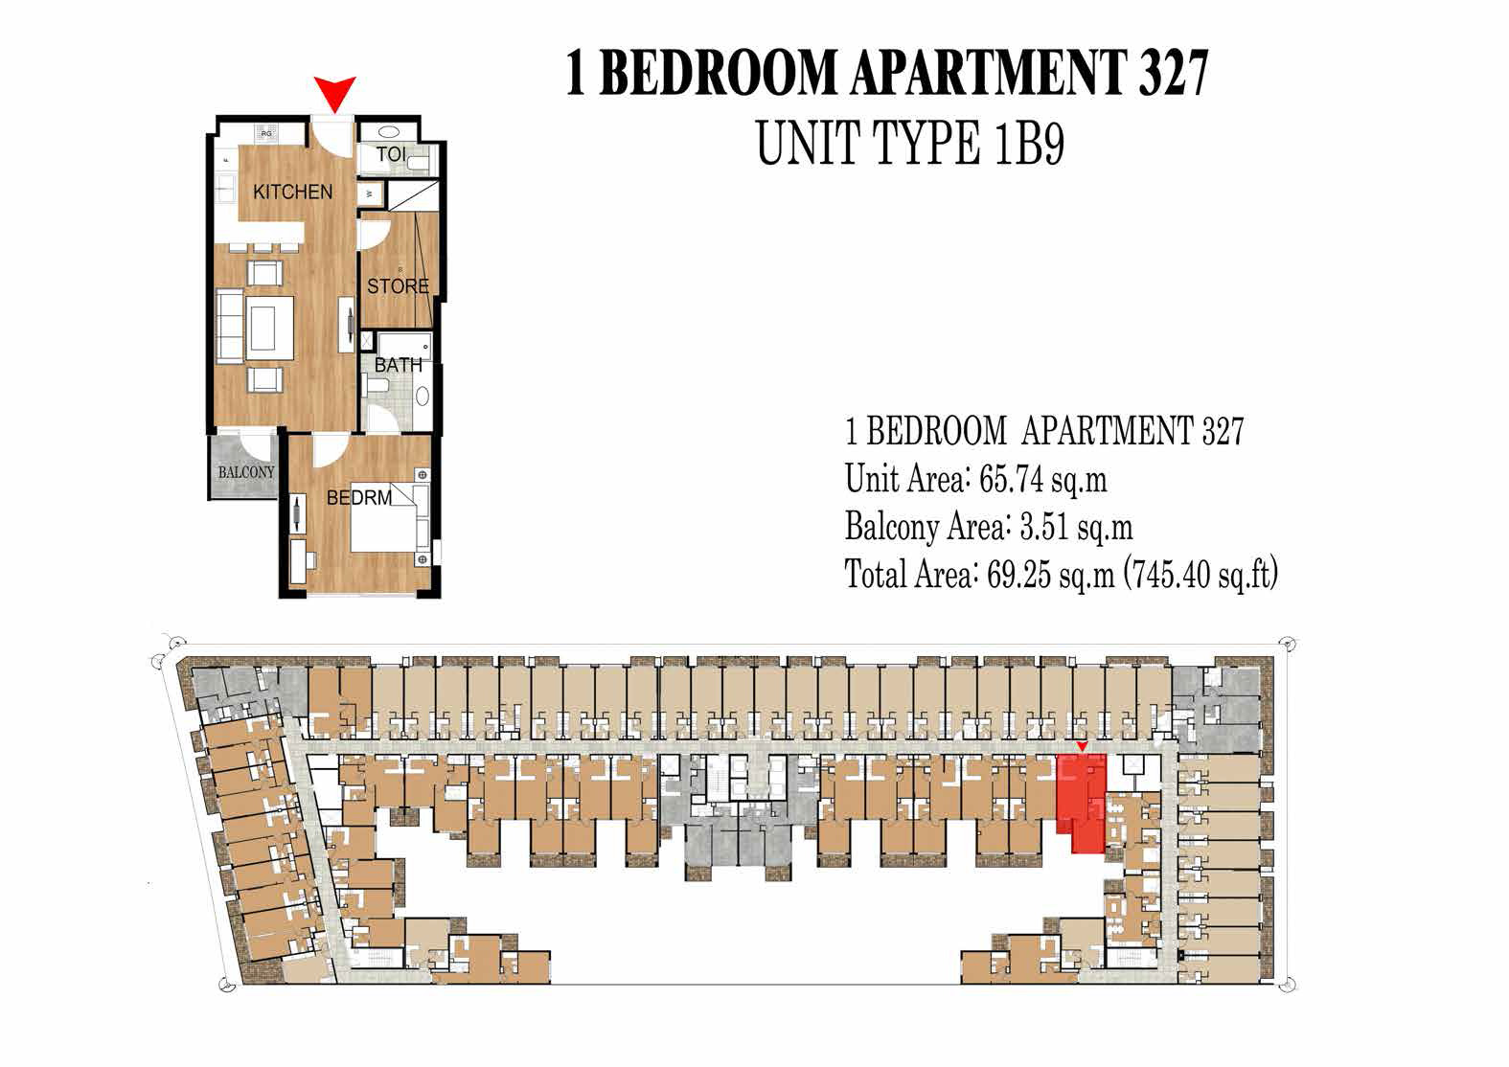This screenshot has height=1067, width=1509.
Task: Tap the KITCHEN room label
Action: [292, 192]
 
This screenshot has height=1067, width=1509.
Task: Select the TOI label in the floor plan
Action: [390, 155]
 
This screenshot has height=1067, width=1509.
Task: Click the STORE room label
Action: [398, 285]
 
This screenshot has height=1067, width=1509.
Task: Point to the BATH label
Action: [398, 365]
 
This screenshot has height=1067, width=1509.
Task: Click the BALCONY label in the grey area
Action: [245, 472]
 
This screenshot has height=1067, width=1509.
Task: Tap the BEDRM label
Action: [359, 498]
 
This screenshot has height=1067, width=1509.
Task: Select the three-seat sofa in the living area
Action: [230, 328]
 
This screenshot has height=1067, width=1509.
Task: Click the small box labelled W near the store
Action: [372, 194]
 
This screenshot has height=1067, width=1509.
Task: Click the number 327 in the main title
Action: [1173, 73]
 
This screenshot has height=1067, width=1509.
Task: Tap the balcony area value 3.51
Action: [1041, 527]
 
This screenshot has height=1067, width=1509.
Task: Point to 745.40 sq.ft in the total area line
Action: [1201, 575]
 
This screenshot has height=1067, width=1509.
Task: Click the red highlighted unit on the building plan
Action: [1083, 800]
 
